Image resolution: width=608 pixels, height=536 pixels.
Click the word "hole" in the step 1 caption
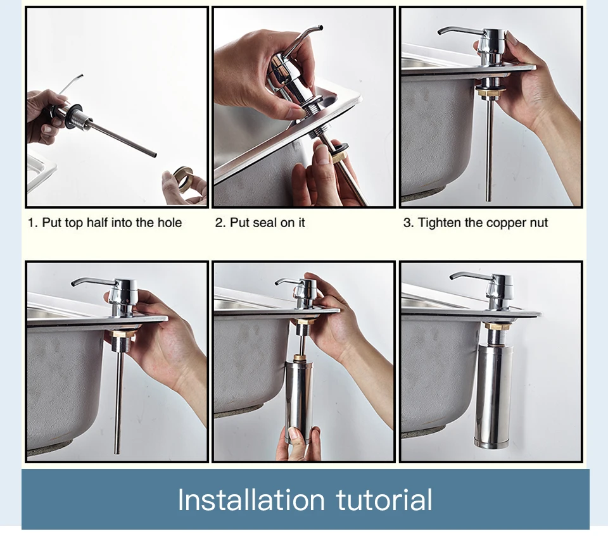[x=170, y=223]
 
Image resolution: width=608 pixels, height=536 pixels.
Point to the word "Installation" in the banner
[x=251, y=499]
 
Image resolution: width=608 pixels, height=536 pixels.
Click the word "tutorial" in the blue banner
[x=384, y=499]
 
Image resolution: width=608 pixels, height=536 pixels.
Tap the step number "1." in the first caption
[x=32, y=223]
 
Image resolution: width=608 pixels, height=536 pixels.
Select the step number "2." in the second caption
[x=220, y=223]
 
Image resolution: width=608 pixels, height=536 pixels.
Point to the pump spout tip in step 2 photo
[x=320, y=28]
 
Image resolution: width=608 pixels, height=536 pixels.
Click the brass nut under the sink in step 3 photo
[x=491, y=92]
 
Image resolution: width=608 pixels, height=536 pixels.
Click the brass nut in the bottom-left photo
[x=123, y=334]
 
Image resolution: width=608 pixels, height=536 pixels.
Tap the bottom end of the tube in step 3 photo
[x=488, y=199]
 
